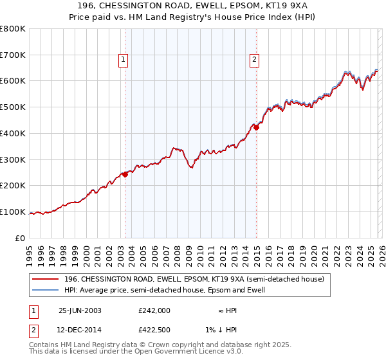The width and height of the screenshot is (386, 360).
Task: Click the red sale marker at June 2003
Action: tap(125, 174)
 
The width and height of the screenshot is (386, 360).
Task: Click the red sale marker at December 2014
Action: tap(256, 127)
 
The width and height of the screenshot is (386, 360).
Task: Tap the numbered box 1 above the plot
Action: tap(122, 60)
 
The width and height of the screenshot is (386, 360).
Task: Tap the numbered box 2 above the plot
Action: tap(254, 60)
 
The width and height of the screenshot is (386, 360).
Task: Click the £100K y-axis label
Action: tap(13, 212)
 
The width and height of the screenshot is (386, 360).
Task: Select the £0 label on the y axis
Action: tap(21, 239)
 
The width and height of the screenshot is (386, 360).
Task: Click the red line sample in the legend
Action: tap(45, 279)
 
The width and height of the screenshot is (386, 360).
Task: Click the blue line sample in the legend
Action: tap(45, 290)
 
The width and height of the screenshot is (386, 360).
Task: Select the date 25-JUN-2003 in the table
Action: tap(80, 310)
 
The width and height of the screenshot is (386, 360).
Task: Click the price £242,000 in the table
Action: tap(154, 310)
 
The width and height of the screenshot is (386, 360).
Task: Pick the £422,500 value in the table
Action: tap(154, 330)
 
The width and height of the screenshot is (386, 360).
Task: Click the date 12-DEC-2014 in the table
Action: tap(80, 330)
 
